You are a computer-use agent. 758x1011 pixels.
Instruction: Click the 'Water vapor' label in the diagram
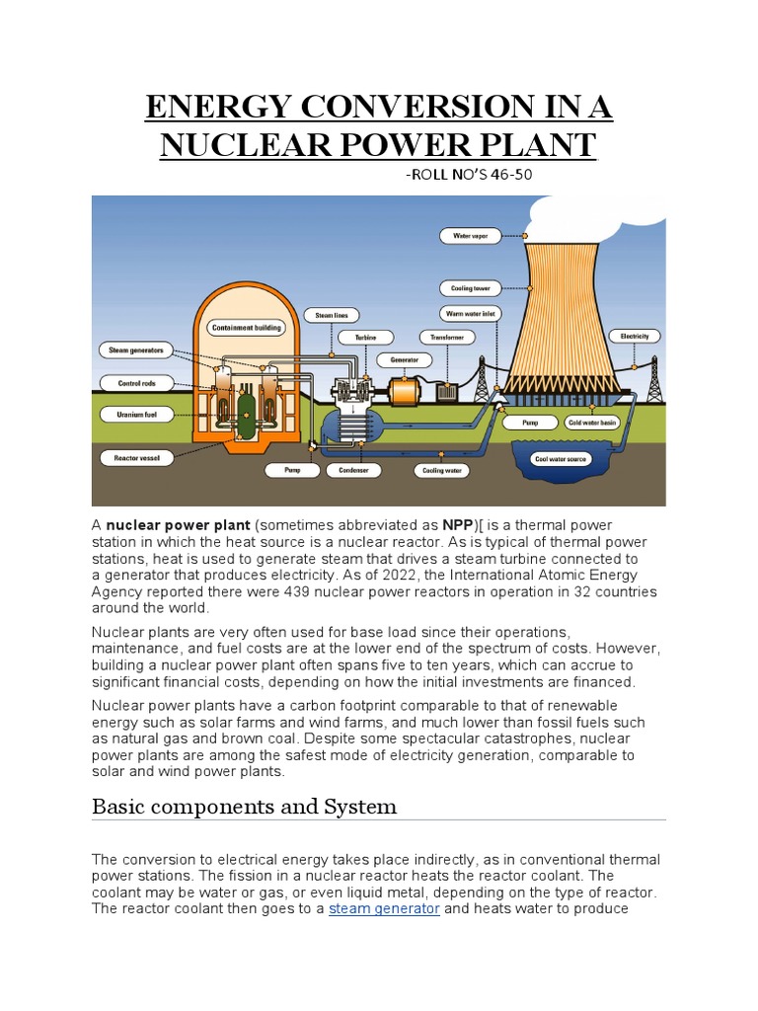470,236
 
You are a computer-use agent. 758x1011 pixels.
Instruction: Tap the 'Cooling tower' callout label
470,288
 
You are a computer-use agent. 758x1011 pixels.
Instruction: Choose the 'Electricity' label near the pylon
635,337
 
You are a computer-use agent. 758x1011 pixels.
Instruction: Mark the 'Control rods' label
135,382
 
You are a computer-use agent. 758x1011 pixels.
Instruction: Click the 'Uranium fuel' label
135,415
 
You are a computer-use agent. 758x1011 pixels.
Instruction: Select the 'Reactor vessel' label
137,458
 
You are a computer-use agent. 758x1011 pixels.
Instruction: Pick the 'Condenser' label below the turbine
353,471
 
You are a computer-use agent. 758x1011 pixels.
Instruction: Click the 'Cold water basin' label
591,422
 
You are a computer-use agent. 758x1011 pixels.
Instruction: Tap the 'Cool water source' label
560,459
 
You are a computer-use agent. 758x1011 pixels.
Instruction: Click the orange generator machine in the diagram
406,392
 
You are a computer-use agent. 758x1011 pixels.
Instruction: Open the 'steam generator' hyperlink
384,908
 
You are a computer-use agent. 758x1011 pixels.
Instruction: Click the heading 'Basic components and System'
244,807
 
